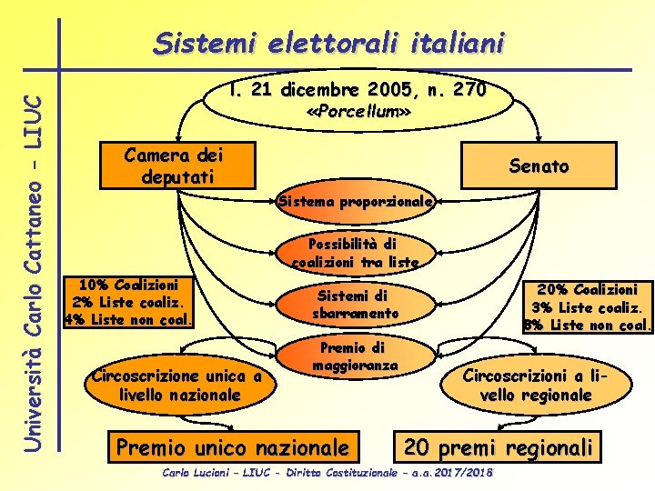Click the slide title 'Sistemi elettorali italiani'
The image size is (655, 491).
328,42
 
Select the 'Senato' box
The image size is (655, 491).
539,166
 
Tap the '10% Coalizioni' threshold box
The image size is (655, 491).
129,301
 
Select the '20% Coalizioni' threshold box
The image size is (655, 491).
587,305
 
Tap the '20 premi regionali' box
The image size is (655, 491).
499,447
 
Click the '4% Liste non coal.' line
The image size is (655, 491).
129,319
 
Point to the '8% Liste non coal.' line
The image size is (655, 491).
588,324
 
